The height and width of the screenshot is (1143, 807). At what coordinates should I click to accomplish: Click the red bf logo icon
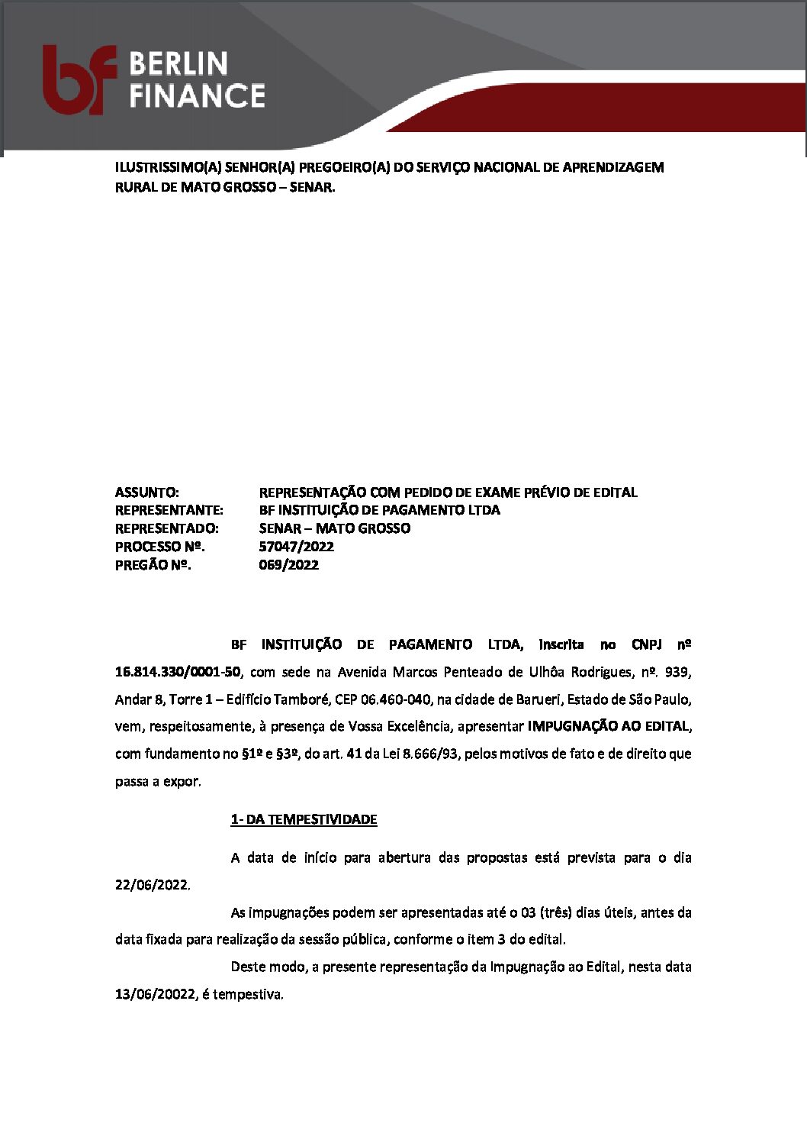coord(79,79)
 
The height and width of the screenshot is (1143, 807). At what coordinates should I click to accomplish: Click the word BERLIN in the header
coord(178,63)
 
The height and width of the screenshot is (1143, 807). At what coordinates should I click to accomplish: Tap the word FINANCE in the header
coord(197,96)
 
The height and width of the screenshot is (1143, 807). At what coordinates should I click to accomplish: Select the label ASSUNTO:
coord(147,492)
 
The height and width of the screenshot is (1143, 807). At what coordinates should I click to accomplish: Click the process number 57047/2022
coord(297,547)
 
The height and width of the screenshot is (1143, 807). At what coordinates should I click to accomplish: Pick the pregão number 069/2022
coord(289,565)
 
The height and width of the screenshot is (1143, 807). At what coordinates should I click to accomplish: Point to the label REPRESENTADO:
coord(167,528)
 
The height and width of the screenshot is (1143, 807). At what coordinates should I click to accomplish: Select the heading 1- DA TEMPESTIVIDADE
coord(304,819)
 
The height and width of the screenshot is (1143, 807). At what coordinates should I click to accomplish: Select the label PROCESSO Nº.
coord(159,547)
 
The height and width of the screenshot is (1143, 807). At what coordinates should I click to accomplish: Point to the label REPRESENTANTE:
coord(169,510)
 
